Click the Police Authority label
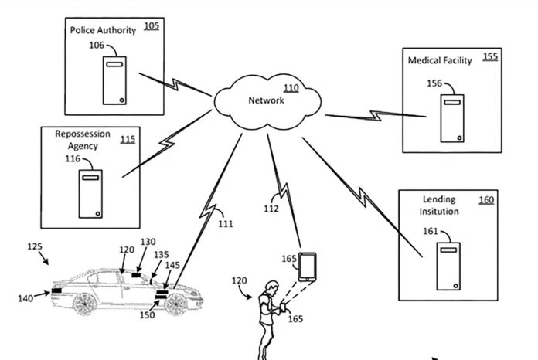tap(103, 30)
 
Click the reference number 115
tap(128, 139)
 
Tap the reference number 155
tap(490, 56)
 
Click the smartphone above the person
tap(308, 267)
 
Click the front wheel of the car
tap(175, 305)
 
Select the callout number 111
tap(224, 224)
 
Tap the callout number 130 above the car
tap(148, 242)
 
